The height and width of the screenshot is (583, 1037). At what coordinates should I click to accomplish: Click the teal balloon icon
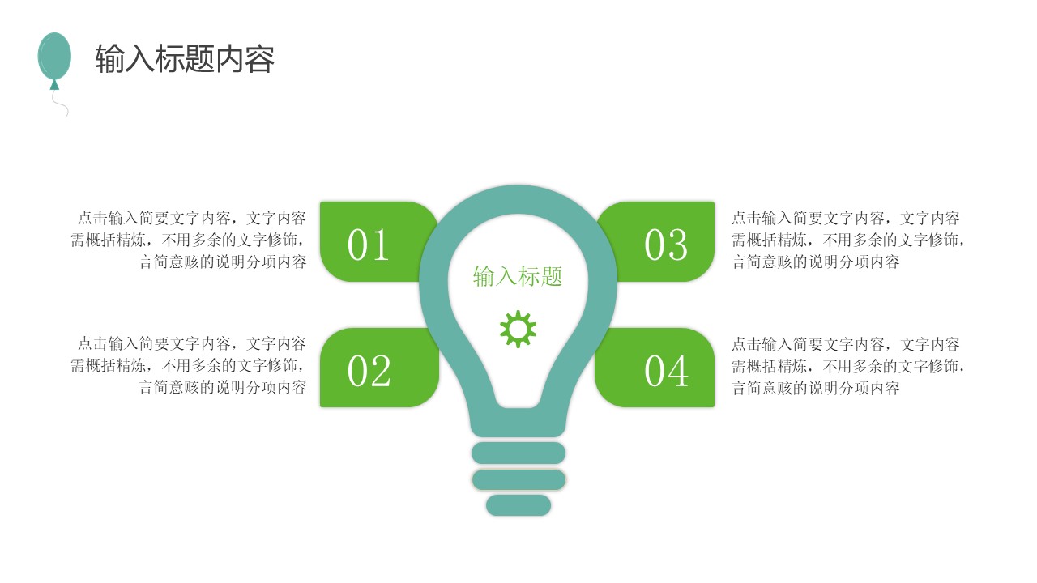(54, 55)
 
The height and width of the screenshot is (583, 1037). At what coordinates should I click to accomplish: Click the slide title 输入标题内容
(185, 59)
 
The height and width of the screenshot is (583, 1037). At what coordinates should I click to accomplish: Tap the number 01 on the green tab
(369, 245)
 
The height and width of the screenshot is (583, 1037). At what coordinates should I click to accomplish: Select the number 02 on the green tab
(369, 371)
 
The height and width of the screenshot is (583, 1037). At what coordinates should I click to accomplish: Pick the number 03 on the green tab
(666, 245)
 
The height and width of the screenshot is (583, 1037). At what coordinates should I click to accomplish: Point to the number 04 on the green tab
(666, 371)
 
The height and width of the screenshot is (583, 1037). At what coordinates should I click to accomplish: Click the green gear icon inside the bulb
(518, 329)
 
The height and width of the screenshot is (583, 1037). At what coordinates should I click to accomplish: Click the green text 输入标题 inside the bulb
(518, 277)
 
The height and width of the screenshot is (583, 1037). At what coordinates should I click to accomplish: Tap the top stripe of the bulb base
(518, 453)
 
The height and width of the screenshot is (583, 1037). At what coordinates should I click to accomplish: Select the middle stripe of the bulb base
(518, 479)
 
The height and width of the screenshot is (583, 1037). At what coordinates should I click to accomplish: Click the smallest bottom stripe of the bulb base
(518, 505)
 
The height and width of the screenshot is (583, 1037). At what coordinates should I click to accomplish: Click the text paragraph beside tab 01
(189, 240)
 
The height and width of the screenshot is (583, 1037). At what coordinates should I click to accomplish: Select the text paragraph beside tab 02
(189, 365)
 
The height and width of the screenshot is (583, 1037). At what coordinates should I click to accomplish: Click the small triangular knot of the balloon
(54, 84)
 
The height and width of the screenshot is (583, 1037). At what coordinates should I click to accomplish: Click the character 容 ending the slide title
(261, 59)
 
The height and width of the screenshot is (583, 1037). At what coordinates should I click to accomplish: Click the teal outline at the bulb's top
(518, 199)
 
